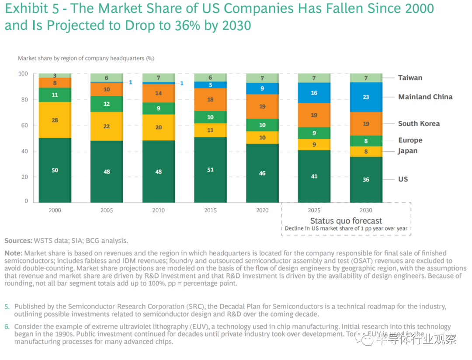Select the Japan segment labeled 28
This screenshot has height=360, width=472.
55,120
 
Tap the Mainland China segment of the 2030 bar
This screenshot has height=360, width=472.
366,97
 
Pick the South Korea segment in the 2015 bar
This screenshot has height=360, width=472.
210,100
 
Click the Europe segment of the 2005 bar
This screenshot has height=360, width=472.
107,104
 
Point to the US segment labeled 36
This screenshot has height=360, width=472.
366,179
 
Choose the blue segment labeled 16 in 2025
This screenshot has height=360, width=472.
314,93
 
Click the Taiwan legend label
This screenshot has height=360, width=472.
410,78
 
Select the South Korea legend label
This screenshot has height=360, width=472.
419,124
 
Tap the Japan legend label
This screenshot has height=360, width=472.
407,151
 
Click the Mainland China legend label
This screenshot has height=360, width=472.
425,97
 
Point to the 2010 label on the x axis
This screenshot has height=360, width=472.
159,210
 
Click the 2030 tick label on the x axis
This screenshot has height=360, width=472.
366,210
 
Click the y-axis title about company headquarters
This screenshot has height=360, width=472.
86,58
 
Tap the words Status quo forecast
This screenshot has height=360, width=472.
346,221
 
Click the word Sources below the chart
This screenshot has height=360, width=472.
18,241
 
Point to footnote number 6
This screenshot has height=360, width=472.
7,327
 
